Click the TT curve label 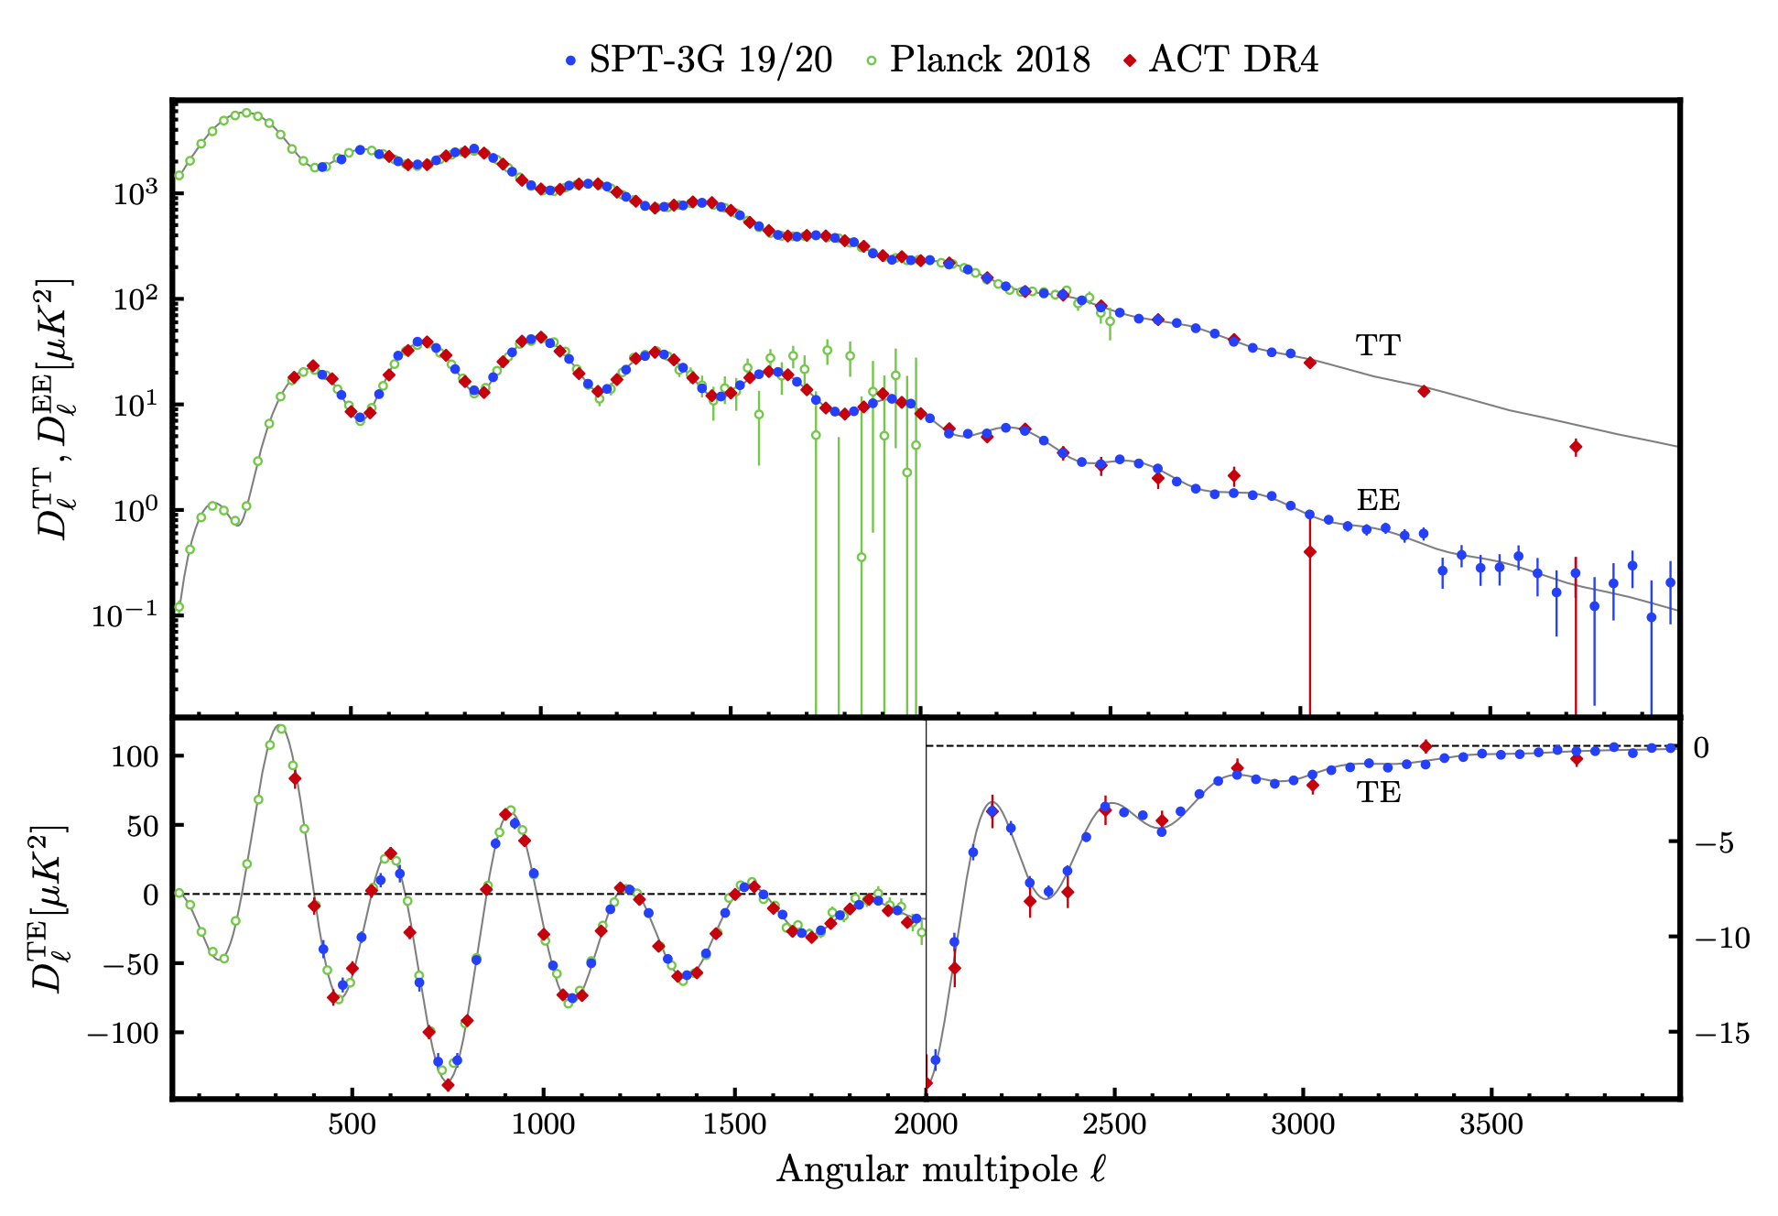tap(1378, 345)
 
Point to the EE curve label tap(1378, 500)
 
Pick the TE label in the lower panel tap(1378, 792)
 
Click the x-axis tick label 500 tap(352, 1124)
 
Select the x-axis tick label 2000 tap(925, 1124)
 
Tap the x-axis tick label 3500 tap(1491, 1124)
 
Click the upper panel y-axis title tap(53, 407)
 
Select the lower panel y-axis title tap(50, 908)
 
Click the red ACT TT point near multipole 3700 tap(1575, 448)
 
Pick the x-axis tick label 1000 tap(543, 1124)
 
